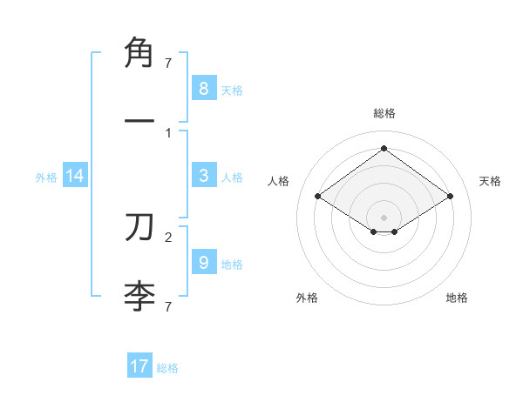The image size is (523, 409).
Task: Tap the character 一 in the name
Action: point(139,118)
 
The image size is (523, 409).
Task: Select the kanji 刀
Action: point(139,228)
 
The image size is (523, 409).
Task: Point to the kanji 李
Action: point(139,296)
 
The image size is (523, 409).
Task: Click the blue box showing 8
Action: point(203,89)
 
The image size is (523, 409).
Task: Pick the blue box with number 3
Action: point(203,176)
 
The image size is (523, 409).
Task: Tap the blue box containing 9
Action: point(203,263)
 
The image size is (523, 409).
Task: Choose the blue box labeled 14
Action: point(75,177)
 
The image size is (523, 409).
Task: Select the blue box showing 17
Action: point(139,366)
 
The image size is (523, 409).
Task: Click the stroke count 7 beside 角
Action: point(168,63)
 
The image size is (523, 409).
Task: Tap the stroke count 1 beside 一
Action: point(168,132)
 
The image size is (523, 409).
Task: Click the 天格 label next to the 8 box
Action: point(232,90)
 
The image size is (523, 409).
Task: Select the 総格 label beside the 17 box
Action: point(167,367)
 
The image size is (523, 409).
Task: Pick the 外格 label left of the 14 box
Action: point(46,178)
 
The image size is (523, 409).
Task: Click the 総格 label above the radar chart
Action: point(384,113)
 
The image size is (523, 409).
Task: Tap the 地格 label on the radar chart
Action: point(457,298)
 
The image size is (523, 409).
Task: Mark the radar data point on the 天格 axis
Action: point(450,197)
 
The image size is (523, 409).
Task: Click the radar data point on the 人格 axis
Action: point(317,197)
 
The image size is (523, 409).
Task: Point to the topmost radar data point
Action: point(384,148)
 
